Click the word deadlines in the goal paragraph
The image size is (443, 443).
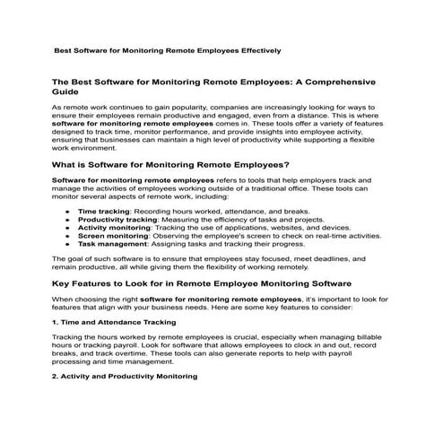click(308, 258)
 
